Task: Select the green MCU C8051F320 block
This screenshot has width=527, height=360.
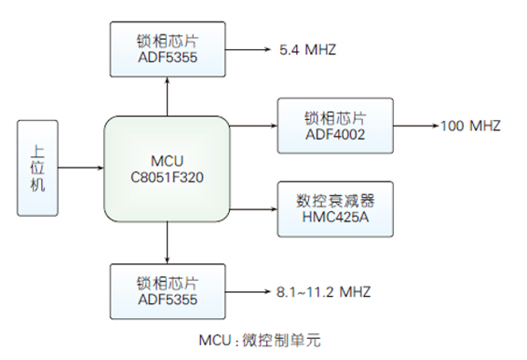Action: click(x=168, y=167)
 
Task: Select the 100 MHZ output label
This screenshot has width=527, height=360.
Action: click(x=471, y=126)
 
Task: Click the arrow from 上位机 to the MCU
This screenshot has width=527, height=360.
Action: click(x=85, y=167)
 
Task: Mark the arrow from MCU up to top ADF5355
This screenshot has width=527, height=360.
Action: click(x=167, y=97)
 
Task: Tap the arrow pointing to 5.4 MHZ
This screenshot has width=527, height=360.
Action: click(x=244, y=47)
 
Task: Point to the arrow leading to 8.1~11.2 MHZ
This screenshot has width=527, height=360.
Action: click(x=244, y=292)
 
